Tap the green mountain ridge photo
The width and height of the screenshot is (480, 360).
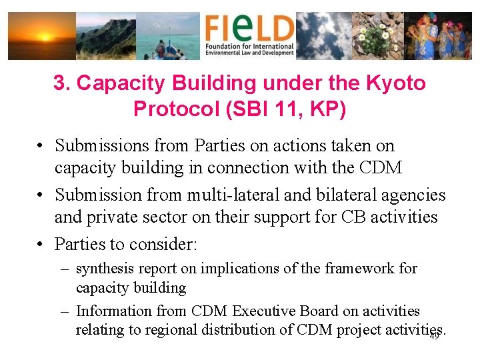[x=105, y=36]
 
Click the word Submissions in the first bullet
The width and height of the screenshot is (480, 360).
[x=101, y=145]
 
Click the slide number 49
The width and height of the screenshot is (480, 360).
[x=433, y=337]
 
